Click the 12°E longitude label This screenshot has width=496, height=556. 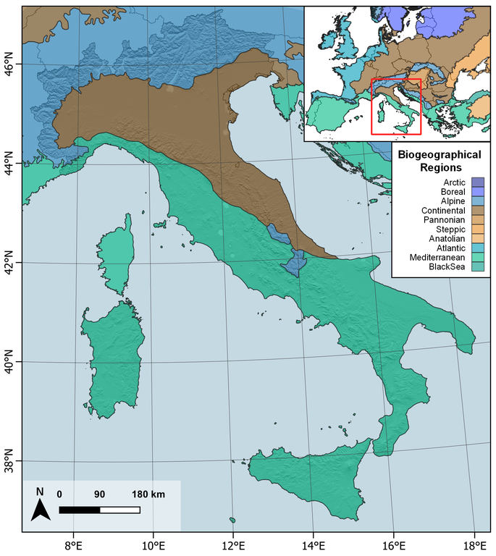click(x=233, y=544)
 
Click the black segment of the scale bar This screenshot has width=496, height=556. click(x=80, y=510)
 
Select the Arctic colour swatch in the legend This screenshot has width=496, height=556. click(x=477, y=182)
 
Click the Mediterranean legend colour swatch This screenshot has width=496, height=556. click(x=477, y=257)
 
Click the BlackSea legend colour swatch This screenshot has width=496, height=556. click(x=477, y=266)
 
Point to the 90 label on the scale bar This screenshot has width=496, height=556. click(x=100, y=494)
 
